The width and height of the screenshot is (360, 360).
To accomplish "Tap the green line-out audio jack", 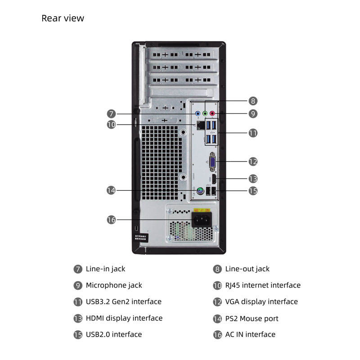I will click(205, 114).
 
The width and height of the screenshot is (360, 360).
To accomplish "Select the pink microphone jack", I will click(212, 114).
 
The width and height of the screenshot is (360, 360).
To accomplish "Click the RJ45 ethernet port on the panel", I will click(198, 124).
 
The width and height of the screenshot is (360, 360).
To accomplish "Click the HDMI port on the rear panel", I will click(216, 179).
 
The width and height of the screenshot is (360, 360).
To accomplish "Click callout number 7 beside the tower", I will click(112, 114).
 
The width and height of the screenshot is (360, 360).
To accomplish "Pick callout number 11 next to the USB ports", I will click(253, 133).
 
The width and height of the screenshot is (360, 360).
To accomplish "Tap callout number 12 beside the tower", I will click(253, 161).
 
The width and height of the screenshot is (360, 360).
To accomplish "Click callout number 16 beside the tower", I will click(112, 220).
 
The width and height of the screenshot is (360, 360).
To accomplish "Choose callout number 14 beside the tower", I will click(112, 190).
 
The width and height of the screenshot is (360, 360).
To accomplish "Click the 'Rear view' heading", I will click(63, 18).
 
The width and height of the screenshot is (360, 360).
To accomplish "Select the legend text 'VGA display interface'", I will click(261, 301).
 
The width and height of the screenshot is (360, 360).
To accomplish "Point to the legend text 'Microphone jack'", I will click(114, 285).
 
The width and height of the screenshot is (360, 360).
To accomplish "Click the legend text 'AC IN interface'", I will click(250, 334).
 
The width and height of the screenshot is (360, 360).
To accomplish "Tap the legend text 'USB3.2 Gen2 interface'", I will click(123, 301).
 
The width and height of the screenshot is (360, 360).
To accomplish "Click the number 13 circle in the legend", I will click(78, 319).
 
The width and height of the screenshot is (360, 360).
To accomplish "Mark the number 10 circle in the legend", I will click(217, 285).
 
